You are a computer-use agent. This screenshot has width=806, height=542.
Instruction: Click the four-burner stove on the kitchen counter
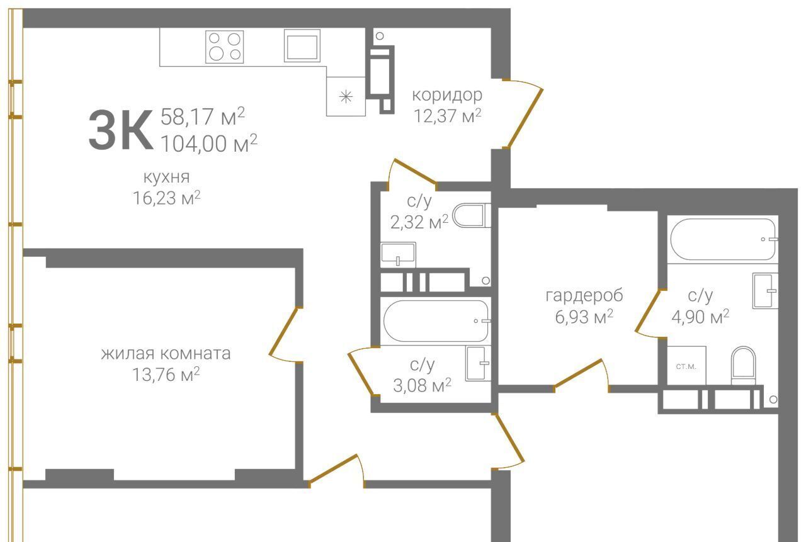point(225,47)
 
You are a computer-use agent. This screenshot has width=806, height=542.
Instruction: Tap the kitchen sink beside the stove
point(302,45)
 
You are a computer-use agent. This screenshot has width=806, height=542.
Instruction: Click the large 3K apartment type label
point(120,130)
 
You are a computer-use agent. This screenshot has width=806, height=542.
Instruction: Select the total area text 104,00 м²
point(208,143)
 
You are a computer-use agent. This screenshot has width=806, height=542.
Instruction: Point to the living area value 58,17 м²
point(203,116)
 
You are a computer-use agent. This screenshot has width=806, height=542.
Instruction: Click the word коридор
point(447,95)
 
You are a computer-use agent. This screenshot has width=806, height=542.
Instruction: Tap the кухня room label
point(166,177)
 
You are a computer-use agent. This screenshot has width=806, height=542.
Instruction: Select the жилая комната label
point(166,354)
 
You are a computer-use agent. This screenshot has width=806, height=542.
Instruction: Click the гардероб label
point(584,296)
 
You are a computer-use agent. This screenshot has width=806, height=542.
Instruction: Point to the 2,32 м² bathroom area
point(419,222)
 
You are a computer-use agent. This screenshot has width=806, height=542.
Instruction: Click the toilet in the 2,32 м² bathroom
point(471,215)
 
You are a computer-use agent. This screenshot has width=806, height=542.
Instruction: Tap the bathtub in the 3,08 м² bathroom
point(436,321)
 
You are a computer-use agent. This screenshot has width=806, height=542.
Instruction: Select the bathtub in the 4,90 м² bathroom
point(724,239)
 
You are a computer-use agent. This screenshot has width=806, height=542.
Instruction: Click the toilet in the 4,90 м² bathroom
point(744,365)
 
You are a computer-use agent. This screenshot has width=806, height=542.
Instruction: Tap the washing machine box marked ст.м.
point(686,365)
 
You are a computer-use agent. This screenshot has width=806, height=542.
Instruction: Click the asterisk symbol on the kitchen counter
point(346,96)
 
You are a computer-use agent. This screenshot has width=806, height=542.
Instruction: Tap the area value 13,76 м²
point(166,375)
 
